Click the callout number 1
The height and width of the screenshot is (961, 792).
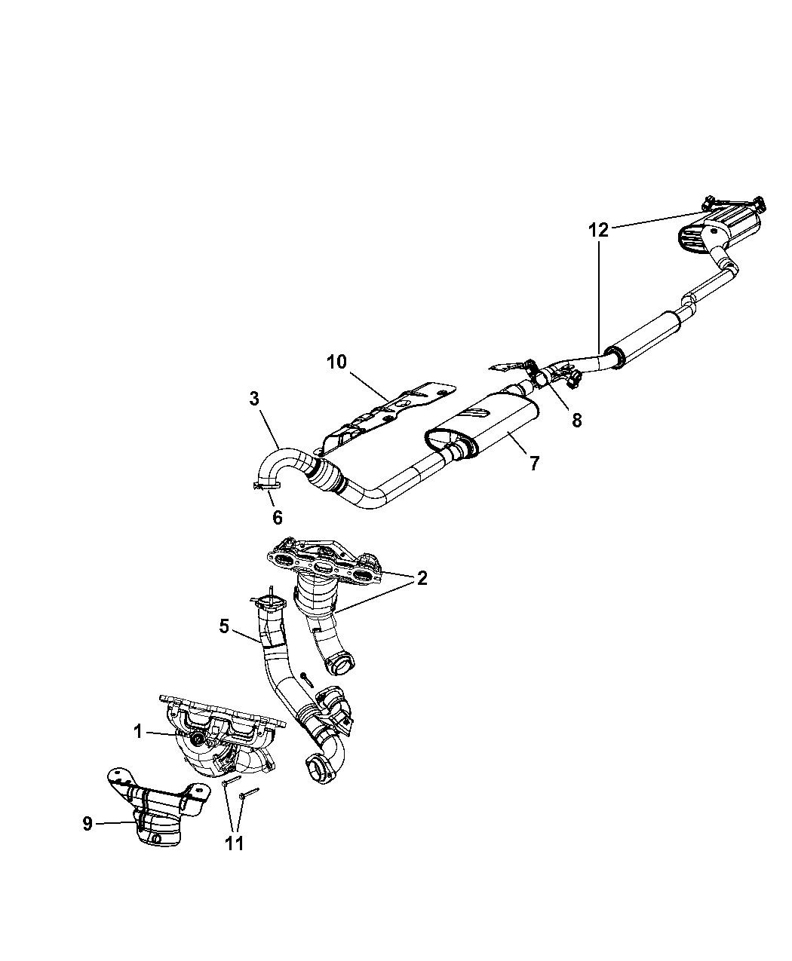coord(139,730)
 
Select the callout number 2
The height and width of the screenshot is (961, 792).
coord(422,578)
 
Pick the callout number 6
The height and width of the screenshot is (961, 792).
coord(277,517)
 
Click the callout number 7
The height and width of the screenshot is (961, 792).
coord(534,463)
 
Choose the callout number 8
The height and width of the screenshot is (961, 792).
coord(576,420)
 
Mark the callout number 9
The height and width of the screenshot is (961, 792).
coord(87,824)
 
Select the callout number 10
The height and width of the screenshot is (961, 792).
coord(336,362)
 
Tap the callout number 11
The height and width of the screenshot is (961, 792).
coord(234,843)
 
